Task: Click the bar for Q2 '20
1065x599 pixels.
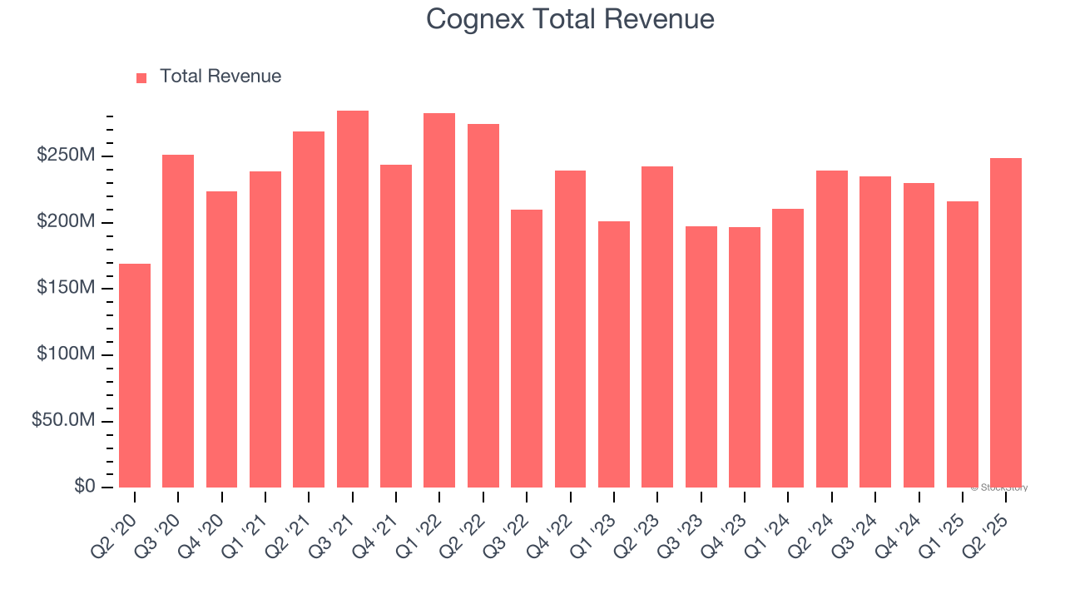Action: pos(135,375)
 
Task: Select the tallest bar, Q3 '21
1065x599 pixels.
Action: pos(353,299)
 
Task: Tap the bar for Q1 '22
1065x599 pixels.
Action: pos(439,300)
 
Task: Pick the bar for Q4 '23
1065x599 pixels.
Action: pos(745,357)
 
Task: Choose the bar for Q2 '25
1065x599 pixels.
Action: pos(1006,323)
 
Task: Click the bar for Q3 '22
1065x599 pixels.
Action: pos(527,349)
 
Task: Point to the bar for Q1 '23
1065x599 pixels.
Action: pos(614,354)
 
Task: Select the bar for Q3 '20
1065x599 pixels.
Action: pos(178,321)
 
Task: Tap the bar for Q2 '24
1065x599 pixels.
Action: pos(832,329)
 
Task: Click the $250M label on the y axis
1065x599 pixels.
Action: pos(66,156)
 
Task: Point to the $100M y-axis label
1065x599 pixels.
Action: pos(66,355)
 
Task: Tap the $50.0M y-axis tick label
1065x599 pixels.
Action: pos(63,421)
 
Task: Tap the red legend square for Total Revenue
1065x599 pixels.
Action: pos(141,77)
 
